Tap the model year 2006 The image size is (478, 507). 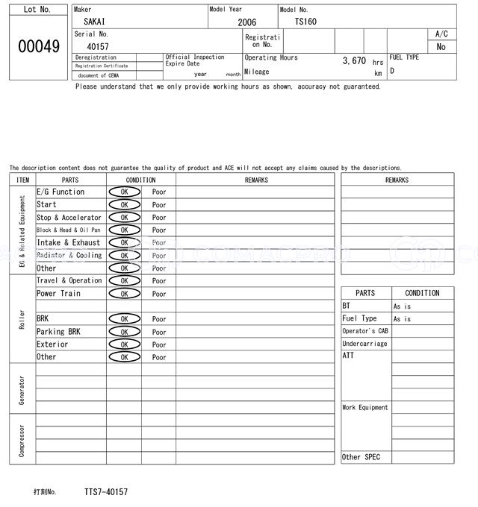coord(246,22)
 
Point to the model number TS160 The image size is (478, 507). coord(305,22)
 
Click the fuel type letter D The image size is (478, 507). coord(392,72)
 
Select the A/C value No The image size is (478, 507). coord(441,46)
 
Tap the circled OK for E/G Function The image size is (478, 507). coord(124,192)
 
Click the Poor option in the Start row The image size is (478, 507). coord(159,205)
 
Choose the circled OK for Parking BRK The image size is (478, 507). coord(124,332)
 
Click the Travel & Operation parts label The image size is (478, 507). coord(69,281)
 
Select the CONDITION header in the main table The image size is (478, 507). coord(140,180)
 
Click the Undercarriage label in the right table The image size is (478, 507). coord(364,344)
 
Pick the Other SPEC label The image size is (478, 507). coord(361,457)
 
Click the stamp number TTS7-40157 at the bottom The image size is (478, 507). coord(105,492)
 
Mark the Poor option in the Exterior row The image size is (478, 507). coord(159,344)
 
